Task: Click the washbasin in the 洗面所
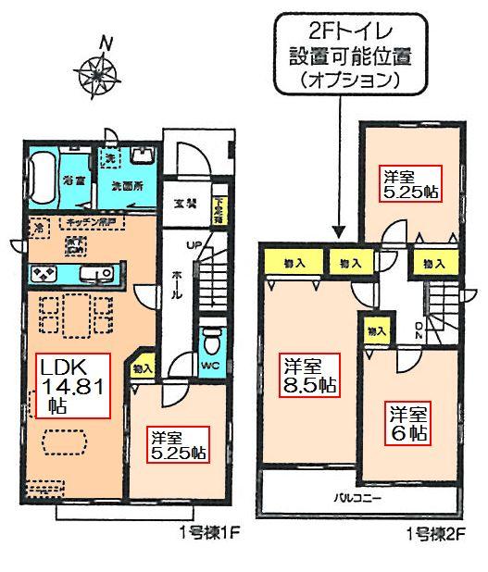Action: coord(142,154)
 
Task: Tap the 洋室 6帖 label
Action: coord(407,422)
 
